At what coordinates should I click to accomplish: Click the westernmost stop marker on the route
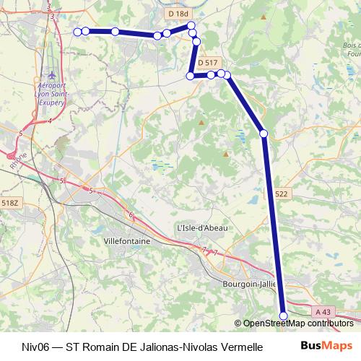(x=78, y=31)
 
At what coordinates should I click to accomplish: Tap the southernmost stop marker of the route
(x=284, y=316)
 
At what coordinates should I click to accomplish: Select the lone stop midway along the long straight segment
(x=264, y=133)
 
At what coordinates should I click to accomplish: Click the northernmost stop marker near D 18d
(x=191, y=26)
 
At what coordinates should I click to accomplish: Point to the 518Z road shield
(x=9, y=204)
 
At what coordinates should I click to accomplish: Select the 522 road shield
(x=282, y=194)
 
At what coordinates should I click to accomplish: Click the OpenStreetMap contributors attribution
(x=297, y=323)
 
